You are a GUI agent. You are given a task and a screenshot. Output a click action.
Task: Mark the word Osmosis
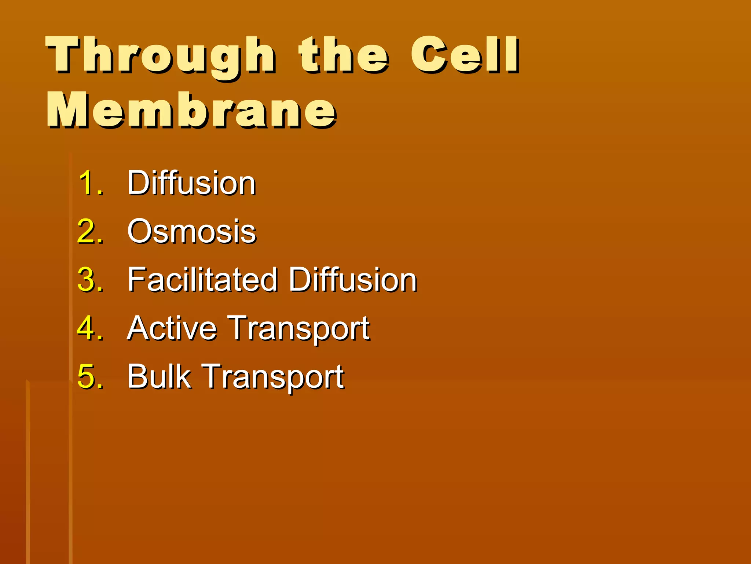(x=191, y=231)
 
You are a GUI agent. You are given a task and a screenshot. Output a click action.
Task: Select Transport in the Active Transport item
(x=298, y=329)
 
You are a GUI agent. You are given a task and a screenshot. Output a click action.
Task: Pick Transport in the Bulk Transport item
(x=273, y=377)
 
